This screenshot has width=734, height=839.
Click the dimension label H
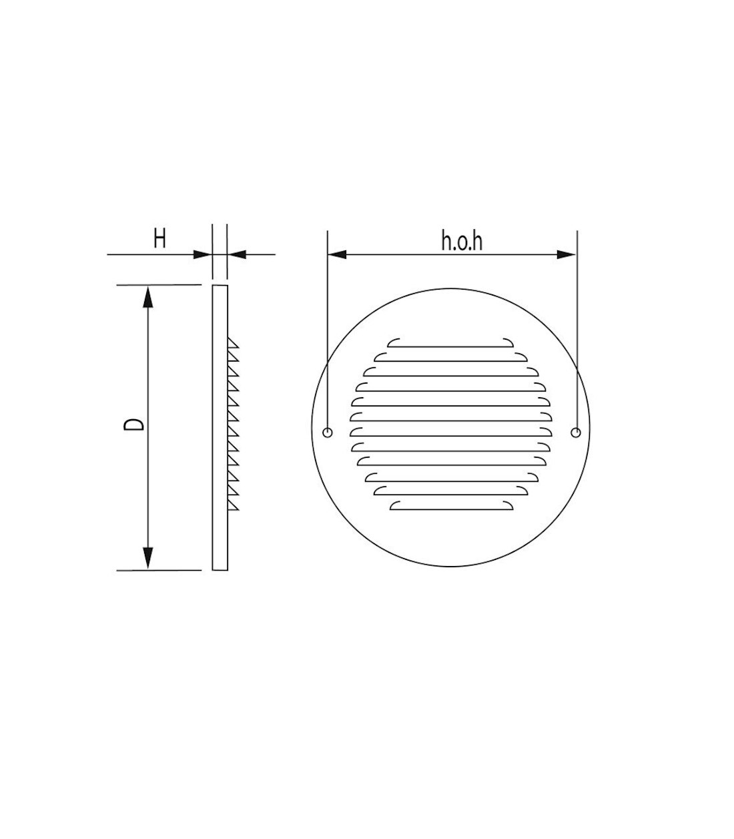[x=159, y=238]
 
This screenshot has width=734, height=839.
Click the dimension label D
[x=134, y=425]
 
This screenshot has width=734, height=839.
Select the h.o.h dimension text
[x=462, y=240]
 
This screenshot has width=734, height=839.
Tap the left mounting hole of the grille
[x=327, y=433]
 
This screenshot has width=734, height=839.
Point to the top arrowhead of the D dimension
[x=148, y=296]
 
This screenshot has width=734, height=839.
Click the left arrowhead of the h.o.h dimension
[x=338, y=254]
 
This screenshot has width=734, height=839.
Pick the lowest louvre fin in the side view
[x=234, y=506]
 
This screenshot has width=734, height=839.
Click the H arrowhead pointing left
[x=237, y=254]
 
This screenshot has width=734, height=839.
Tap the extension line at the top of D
[x=160, y=285]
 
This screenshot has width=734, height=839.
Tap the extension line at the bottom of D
[x=160, y=571]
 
